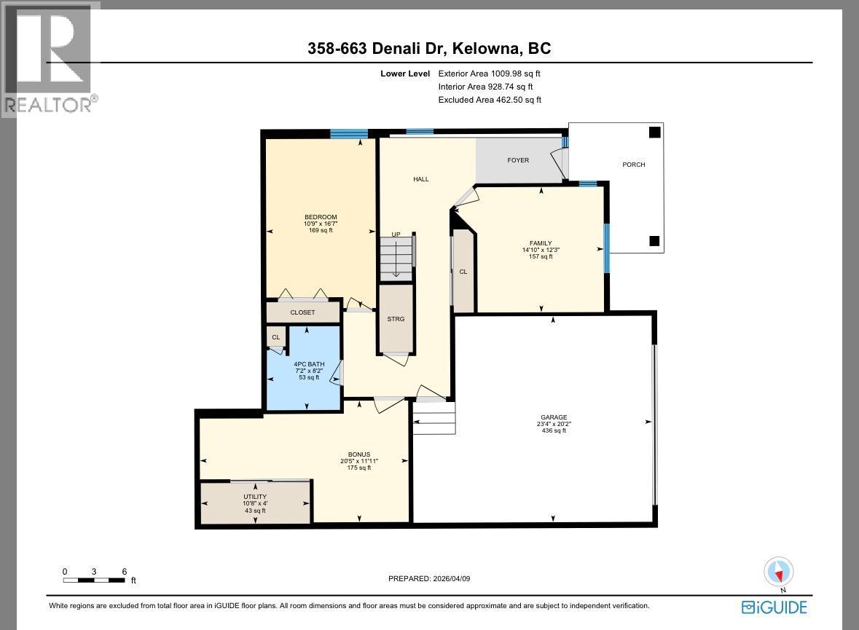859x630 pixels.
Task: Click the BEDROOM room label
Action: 321,217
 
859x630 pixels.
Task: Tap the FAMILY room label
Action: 541,243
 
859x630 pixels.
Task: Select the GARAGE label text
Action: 553,417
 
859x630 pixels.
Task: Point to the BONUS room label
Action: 359,454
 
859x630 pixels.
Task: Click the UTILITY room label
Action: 255,497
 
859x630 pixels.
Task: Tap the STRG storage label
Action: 396,319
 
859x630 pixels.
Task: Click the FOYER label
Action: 518,160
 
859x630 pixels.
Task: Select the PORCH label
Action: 633,165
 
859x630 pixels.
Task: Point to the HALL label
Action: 421,179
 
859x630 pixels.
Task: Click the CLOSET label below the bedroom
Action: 302,312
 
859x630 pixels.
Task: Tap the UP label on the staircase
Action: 396,235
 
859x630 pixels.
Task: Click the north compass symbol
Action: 779,572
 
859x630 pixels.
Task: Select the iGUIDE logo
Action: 774,607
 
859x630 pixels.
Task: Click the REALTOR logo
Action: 50,58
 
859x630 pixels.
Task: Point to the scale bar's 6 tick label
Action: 125,572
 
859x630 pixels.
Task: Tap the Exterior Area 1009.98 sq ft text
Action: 489,74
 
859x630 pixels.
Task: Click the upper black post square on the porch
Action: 654,132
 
